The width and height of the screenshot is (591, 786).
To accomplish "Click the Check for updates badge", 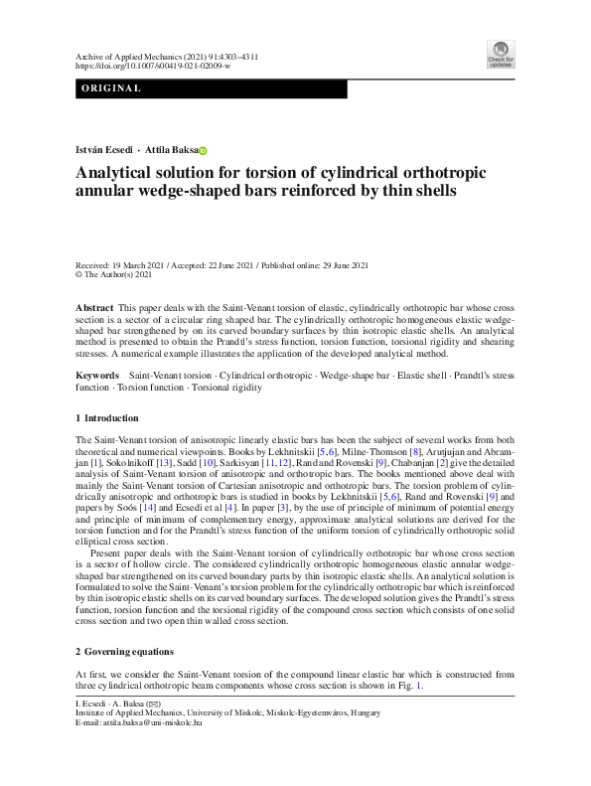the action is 501,54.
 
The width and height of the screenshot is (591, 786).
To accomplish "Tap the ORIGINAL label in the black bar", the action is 111,89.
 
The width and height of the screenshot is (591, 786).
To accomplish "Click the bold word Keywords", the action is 98,376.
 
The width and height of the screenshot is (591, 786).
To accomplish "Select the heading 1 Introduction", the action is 107,417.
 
